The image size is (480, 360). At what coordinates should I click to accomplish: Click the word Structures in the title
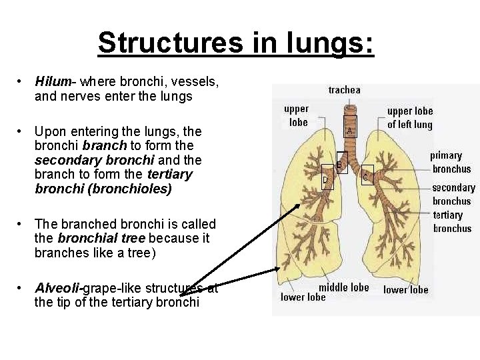pyautogui.click(x=169, y=43)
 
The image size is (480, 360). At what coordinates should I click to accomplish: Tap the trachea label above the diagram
pyautogui.click(x=344, y=89)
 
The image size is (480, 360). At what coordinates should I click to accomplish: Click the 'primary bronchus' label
pyautogui.click(x=451, y=162)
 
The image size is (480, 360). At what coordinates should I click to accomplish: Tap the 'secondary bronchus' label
pyautogui.click(x=453, y=194)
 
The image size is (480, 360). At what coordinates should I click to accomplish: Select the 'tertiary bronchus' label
pyautogui.click(x=452, y=221)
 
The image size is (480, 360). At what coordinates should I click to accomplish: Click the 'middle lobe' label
pyautogui.click(x=343, y=287)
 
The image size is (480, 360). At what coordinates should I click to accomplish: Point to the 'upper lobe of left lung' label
pyautogui.click(x=409, y=117)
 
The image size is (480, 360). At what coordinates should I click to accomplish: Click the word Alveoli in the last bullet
pyautogui.click(x=57, y=288)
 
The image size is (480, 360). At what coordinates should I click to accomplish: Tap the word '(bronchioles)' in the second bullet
pyautogui.click(x=137, y=189)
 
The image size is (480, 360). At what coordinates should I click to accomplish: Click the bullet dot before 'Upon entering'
pyautogui.click(x=21, y=131)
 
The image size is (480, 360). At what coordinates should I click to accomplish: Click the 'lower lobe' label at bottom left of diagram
pyautogui.click(x=303, y=297)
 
